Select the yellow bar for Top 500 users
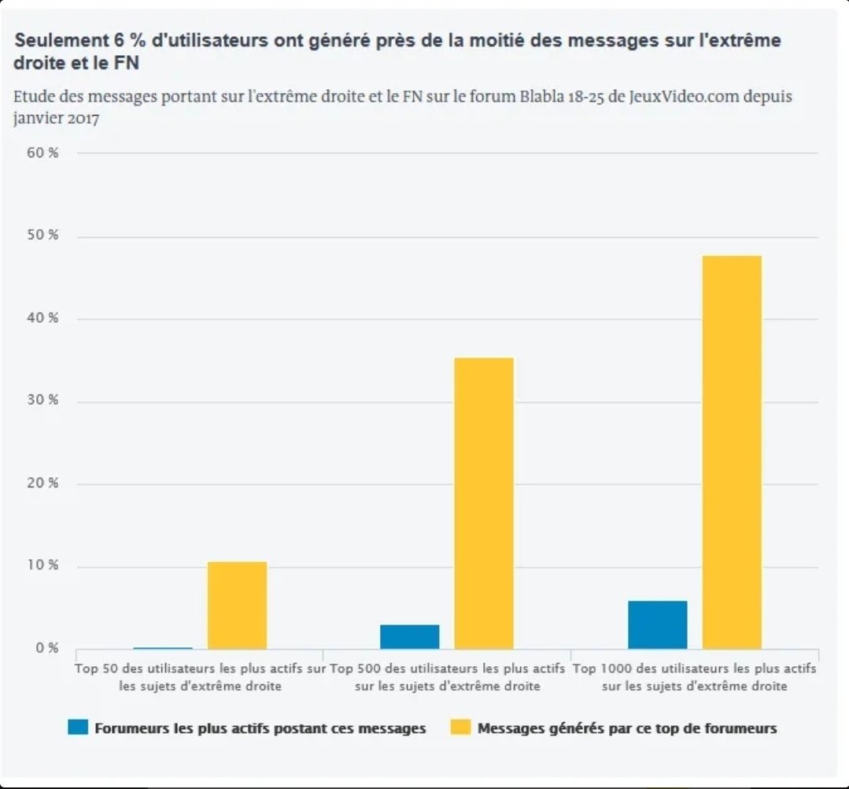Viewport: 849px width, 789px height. pyautogui.click(x=484, y=503)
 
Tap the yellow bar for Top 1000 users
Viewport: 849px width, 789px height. pyautogui.click(x=732, y=452)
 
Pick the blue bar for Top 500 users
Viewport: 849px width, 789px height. pyautogui.click(x=409, y=636)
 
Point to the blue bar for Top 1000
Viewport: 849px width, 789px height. pyautogui.click(x=657, y=624)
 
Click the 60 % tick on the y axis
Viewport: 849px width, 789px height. pyautogui.click(x=42, y=153)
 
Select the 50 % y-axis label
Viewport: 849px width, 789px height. pyautogui.click(x=42, y=236)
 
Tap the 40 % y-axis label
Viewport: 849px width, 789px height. pyautogui.click(x=42, y=318)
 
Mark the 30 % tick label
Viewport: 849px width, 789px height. pyautogui.click(x=42, y=400)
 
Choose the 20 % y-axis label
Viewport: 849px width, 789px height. pyautogui.click(x=42, y=483)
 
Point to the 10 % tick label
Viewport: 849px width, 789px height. pyautogui.click(x=42, y=565)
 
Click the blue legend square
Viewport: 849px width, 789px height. pyautogui.click(x=78, y=728)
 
